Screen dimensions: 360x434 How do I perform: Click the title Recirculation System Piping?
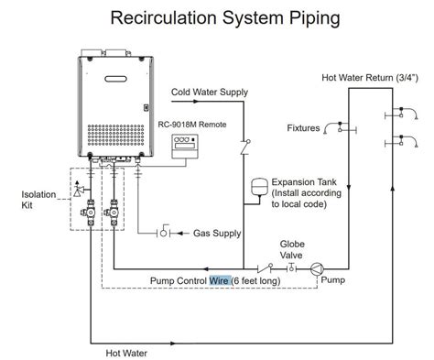pyautogui.click(x=216, y=17)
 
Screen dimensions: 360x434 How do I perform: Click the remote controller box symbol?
pyautogui.click(x=190, y=145)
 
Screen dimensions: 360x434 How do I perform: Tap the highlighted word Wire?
pyautogui.click(x=220, y=280)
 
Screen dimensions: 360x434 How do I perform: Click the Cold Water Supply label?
pyautogui.click(x=210, y=92)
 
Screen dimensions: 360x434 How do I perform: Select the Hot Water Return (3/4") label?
pyautogui.click(x=372, y=80)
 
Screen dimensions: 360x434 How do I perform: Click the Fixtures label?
pyautogui.click(x=303, y=128)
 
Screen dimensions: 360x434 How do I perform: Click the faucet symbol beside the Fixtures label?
pyautogui.click(x=339, y=126)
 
